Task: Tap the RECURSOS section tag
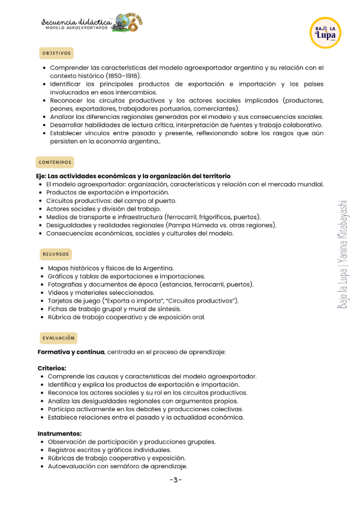[x=56, y=254]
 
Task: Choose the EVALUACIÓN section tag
[x=58, y=338]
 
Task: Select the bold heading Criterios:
[x=52, y=368]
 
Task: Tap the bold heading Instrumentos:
[x=59, y=433]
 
